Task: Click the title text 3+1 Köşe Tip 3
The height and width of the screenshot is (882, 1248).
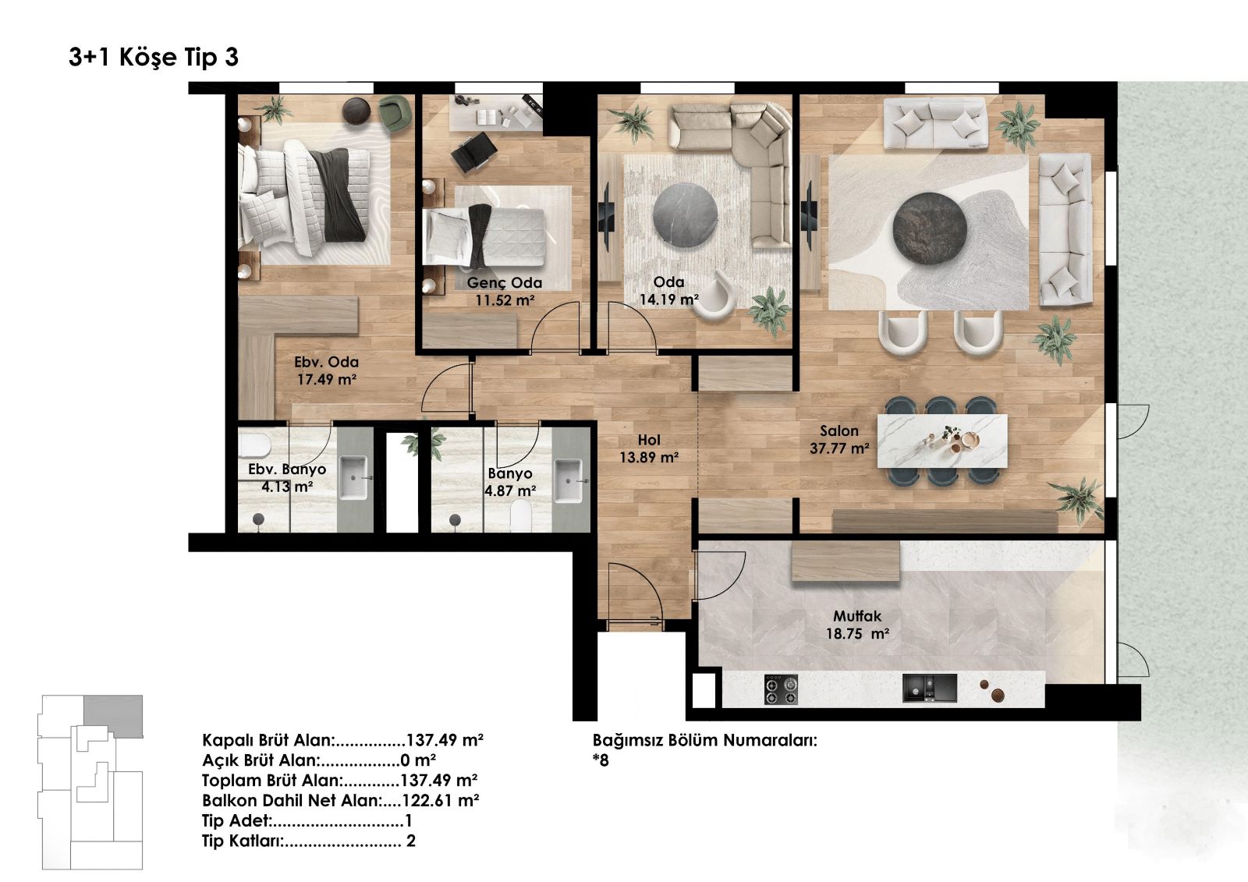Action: point(153,58)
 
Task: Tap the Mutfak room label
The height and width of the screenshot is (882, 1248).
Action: point(857,616)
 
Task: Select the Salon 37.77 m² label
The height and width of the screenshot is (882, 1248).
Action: point(839,440)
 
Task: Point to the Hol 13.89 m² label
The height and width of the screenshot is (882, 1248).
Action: point(649,448)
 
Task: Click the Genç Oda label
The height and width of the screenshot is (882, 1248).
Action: point(504,282)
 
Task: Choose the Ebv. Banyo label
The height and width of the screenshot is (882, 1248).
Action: point(287,469)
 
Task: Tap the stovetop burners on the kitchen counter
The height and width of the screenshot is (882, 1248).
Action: point(780,689)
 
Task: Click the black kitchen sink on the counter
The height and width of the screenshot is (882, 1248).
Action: point(929,688)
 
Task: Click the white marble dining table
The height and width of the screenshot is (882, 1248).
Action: point(942,441)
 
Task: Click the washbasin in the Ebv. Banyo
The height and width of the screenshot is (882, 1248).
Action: point(353,477)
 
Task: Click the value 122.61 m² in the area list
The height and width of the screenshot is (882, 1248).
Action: point(440,800)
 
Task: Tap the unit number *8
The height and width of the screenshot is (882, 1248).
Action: point(601,760)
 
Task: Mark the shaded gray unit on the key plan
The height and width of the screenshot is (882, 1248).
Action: point(114,715)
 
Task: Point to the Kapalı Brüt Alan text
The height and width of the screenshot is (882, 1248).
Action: point(268,740)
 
